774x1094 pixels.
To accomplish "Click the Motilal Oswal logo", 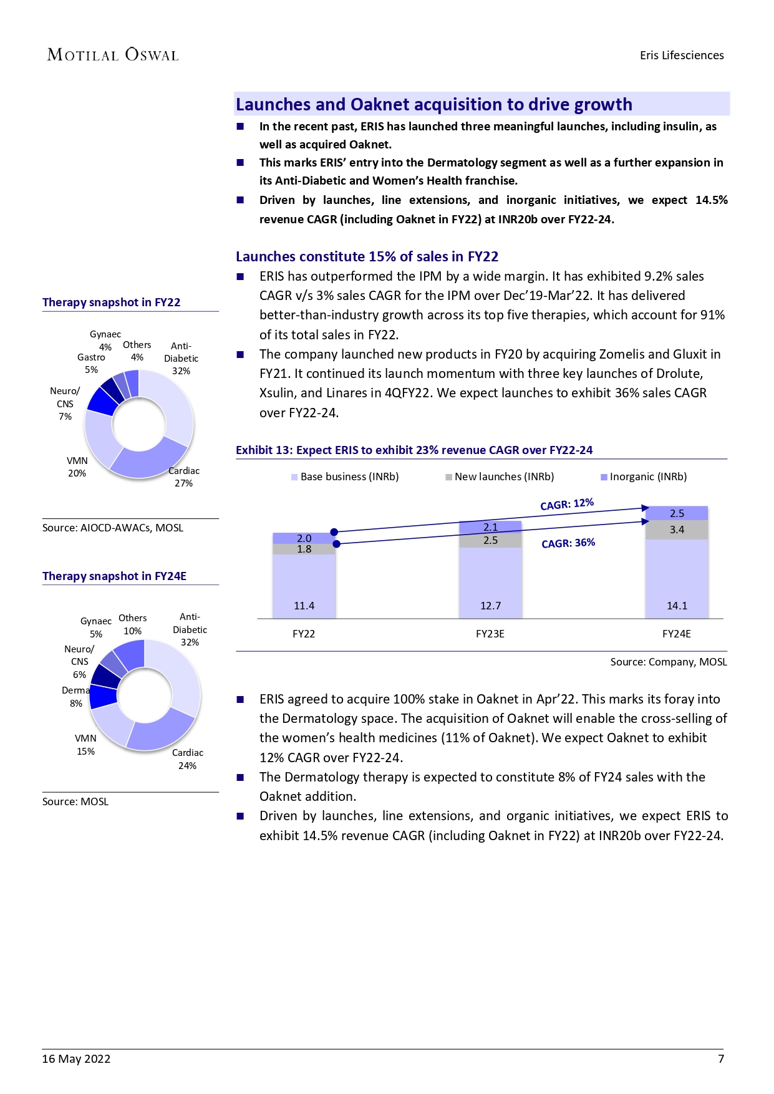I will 113,55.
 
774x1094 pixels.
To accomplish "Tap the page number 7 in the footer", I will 720,1058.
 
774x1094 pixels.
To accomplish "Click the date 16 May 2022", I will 76,1058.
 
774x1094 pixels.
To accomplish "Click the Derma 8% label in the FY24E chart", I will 76,697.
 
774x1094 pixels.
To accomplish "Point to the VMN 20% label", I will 77,467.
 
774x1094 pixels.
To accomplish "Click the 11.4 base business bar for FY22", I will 304,586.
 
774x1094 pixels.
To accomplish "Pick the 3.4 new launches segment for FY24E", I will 677,530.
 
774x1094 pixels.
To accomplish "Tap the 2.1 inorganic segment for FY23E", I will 490,527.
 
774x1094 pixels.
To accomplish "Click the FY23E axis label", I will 490,634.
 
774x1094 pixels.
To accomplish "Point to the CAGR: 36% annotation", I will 568,543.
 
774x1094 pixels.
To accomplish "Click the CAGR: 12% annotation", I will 567,504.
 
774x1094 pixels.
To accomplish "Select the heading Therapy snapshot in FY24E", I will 114,576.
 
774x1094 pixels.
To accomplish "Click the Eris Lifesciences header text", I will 682,55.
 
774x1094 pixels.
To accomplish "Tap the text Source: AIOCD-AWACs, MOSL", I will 113,528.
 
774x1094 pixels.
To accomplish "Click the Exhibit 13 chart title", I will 414,450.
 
